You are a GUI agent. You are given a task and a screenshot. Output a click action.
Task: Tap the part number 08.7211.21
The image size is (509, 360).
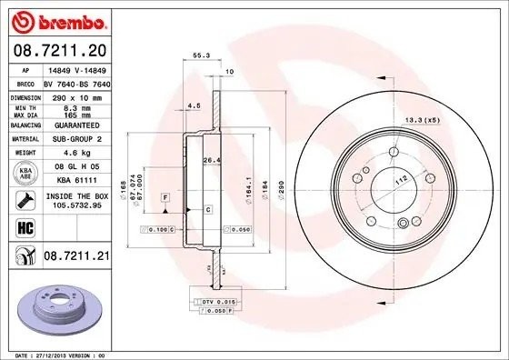[x=76, y=257]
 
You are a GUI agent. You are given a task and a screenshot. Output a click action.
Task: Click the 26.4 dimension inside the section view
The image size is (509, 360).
[x=211, y=162]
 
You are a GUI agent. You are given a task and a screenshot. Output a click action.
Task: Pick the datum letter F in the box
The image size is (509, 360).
[x=166, y=196]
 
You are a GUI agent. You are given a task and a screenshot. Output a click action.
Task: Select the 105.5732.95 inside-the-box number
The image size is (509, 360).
[x=75, y=205]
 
